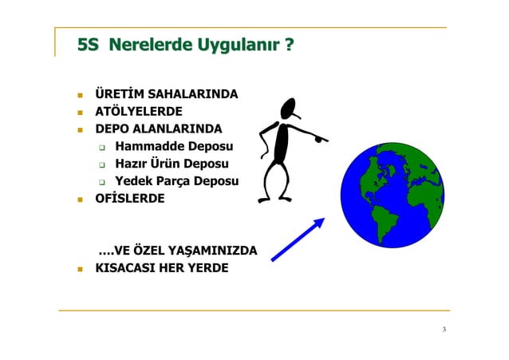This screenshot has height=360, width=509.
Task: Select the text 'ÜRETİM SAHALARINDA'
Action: pyautogui.click(x=166, y=95)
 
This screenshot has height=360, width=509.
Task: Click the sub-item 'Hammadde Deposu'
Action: pyautogui.click(x=174, y=146)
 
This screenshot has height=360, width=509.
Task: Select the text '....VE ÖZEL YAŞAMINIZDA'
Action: pyautogui.click(x=177, y=251)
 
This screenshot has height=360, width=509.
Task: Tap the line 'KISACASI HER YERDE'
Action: pyautogui.click(x=161, y=267)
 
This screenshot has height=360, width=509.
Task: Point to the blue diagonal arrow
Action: pyautogui.click(x=298, y=239)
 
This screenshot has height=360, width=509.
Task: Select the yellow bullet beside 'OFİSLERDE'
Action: pyautogui.click(x=79, y=197)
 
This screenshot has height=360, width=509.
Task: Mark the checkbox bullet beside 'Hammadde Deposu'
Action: pyautogui.click(x=103, y=147)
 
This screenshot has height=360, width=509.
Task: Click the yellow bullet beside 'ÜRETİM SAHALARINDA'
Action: pyautogui.click(x=79, y=96)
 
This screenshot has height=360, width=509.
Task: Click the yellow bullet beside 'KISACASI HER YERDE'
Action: pyautogui.click(x=79, y=268)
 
